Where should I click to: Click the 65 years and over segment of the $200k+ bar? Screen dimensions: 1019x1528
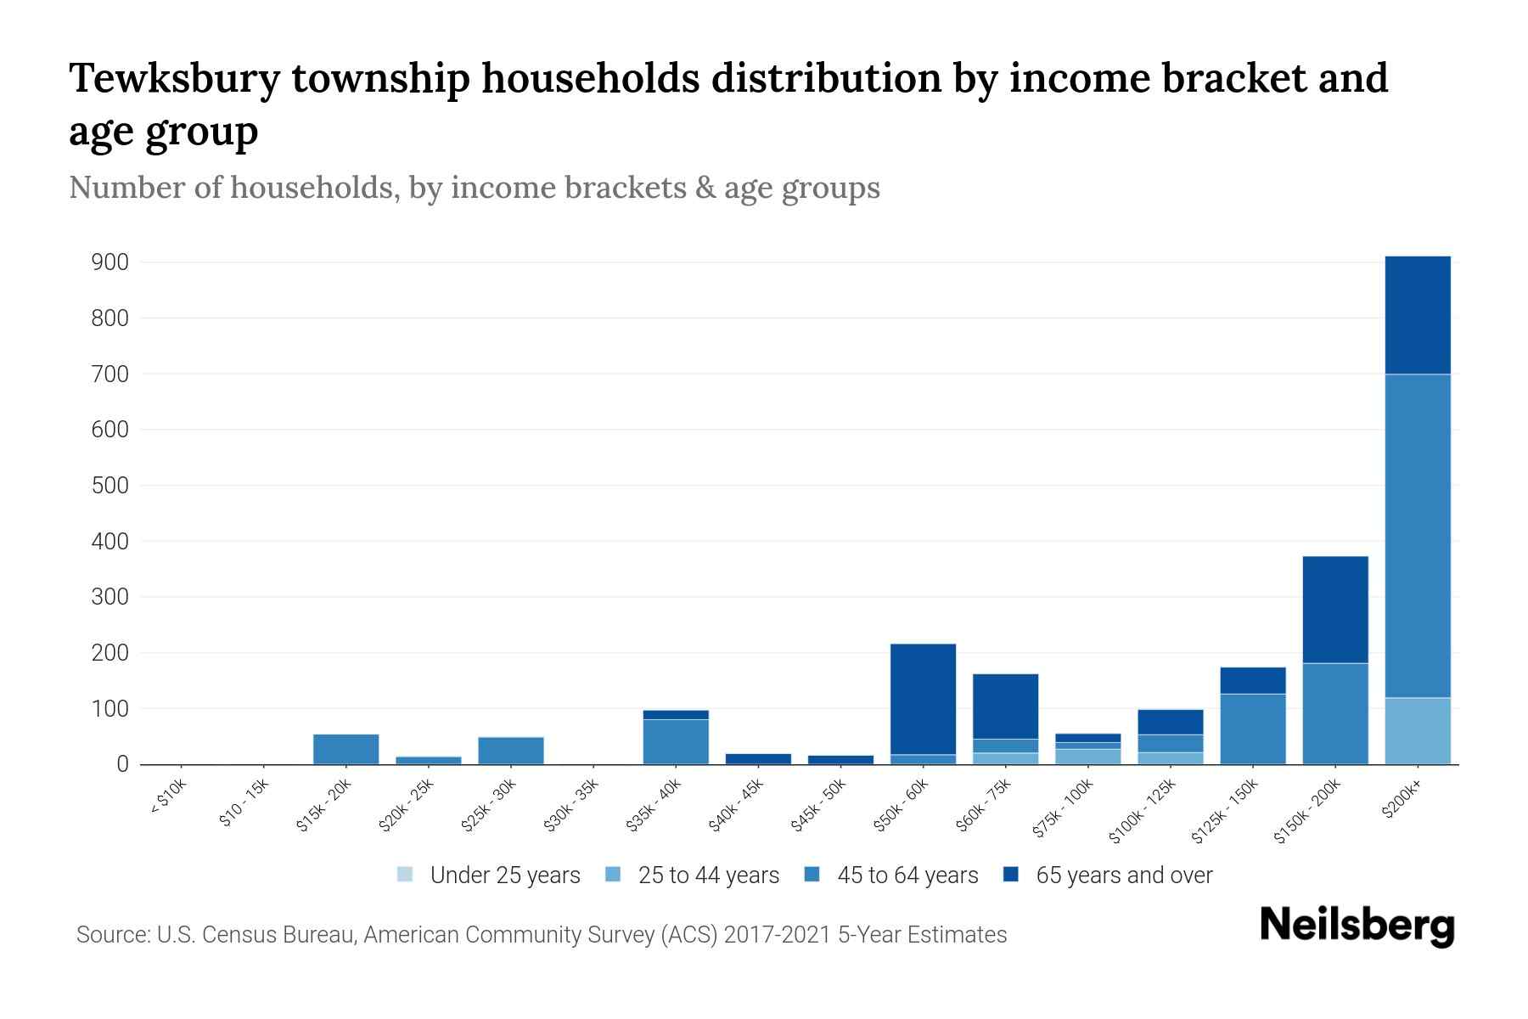(x=1417, y=315)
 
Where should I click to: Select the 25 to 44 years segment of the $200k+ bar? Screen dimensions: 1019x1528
(x=1417, y=731)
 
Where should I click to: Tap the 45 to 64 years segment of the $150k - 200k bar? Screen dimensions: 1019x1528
(x=1334, y=713)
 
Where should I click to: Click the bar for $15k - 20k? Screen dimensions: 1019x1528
(x=345, y=749)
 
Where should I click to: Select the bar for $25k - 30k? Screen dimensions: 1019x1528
(x=510, y=751)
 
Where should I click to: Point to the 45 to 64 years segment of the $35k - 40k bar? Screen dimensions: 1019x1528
(x=676, y=741)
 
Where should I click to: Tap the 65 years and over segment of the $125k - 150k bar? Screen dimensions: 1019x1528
(x=1252, y=680)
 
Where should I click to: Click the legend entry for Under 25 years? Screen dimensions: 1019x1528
(x=489, y=875)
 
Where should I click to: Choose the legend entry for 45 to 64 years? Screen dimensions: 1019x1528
(x=892, y=875)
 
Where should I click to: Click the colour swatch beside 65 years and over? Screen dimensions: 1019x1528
(x=1011, y=875)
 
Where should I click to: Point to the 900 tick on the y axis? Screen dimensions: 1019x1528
(x=110, y=262)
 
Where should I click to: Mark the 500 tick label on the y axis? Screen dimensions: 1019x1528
(x=110, y=486)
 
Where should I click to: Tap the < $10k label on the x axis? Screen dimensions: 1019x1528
(x=168, y=798)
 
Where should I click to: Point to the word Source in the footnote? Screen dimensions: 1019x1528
(x=111, y=935)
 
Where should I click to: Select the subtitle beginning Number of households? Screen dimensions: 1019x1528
(x=474, y=188)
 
